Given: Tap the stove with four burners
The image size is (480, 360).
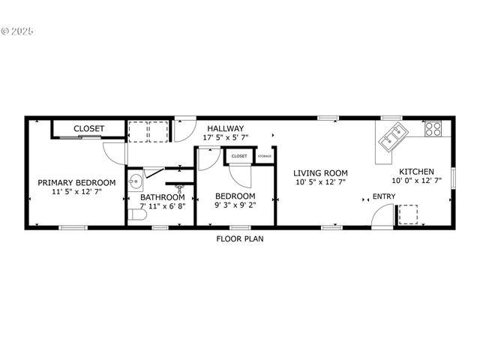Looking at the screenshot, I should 433,128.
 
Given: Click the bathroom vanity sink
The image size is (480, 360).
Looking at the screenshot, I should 134,181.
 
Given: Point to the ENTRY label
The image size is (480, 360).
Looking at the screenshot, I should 384,196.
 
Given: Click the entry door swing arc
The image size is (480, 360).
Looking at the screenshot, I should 382,214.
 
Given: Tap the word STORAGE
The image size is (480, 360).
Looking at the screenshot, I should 265,156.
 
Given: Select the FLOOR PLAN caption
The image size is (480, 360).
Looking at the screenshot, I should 240,239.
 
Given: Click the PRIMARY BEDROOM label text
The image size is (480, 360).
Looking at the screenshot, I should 76,182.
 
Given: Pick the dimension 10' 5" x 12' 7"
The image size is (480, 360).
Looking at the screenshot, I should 319,181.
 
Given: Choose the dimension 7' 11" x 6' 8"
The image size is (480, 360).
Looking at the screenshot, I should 162,206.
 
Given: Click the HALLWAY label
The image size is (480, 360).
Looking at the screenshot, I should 226,128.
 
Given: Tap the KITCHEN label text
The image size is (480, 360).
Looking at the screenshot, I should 416,171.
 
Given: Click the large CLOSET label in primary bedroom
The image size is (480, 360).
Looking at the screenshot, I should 88,128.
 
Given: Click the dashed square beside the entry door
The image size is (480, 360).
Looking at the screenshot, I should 407,214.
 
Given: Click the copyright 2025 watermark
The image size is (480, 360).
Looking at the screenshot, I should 17,31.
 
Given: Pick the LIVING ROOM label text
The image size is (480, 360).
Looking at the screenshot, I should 319,172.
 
